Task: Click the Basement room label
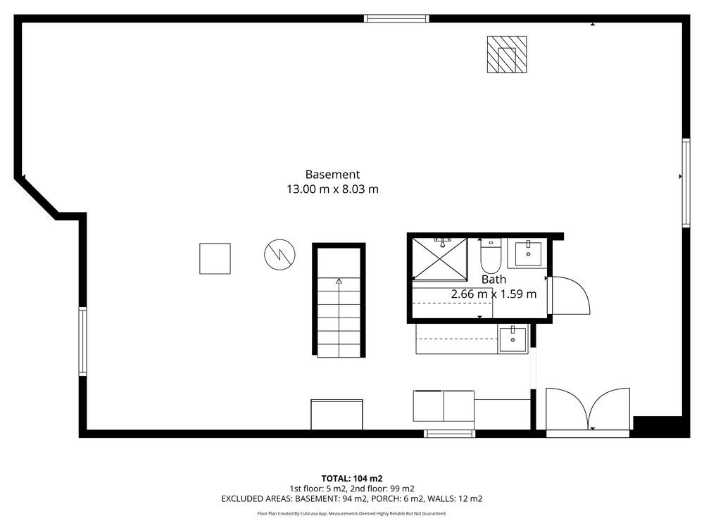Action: click(x=332, y=174)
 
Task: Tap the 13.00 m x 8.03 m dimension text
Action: click(x=332, y=189)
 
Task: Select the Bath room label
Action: click(x=494, y=279)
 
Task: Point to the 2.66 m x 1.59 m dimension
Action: click(x=494, y=294)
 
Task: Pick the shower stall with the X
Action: click(x=439, y=260)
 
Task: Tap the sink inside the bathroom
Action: click(x=527, y=253)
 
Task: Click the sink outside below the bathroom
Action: click(x=513, y=340)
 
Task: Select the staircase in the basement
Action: click(x=339, y=300)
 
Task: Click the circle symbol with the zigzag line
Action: click(x=279, y=255)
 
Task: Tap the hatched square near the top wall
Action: click(x=507, y=54)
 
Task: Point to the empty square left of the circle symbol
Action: click(x=215, y=258)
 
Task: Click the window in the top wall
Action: click(x=396, y=18)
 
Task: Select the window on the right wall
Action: click(x=686, y=183)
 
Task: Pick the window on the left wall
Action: click(x=82, y=341)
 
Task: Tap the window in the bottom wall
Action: click(x=449, y=433)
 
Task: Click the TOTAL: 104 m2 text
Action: click(x=352, y=479)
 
